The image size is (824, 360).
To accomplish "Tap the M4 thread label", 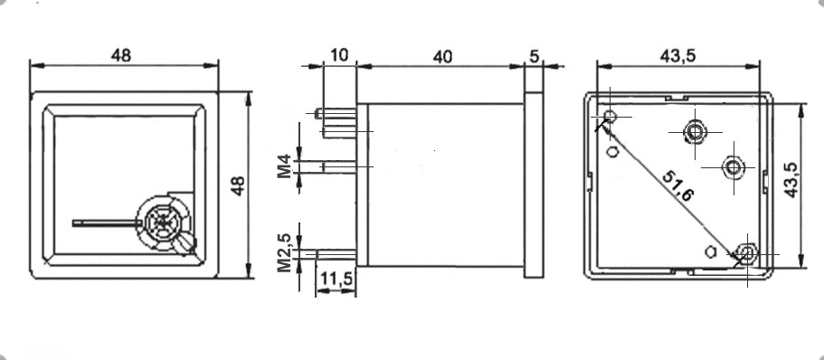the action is tap(284, 166).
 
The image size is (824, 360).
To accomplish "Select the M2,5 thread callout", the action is tap(284, 252).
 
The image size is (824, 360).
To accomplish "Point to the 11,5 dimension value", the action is tap(336, 278).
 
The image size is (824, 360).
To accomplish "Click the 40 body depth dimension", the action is tap(442, 57).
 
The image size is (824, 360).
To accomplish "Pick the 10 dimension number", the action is tap(340, 55).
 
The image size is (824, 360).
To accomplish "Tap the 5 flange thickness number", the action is tap(535, 56).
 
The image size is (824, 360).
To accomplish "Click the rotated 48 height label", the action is tap(239, 185).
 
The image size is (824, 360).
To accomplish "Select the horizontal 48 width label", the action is tap(121, 55).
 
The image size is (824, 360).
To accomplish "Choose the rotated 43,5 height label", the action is tap(791, 180).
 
